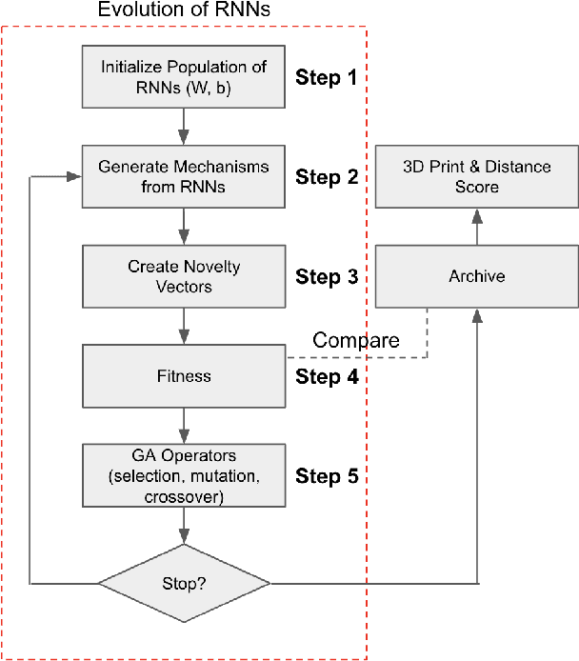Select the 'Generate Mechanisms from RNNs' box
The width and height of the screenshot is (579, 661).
(x=184, y=176)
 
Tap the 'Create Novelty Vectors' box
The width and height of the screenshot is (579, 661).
(x=184, y=277)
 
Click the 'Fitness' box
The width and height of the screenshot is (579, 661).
(x=184, y=376)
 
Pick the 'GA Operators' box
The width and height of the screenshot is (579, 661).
(x=184, y=474)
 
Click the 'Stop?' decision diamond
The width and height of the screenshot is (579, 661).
(x=184, y=581)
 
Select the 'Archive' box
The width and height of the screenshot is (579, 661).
(x=476, y=277)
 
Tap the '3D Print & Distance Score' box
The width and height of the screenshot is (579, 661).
(x=476, y=176)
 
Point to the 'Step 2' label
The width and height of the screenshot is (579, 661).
(x=327, y=177)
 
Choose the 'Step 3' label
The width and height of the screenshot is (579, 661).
(x=327, y=277)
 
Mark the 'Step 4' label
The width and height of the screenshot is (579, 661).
(x=327, y=376)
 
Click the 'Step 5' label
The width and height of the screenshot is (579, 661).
(x=327, y=475)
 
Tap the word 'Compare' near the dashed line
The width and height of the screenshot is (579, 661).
(x=355, y=340)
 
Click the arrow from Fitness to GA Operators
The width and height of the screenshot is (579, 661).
(x=184, y=425)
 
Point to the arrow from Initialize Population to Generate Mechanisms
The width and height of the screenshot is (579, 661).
(x=184, y=126)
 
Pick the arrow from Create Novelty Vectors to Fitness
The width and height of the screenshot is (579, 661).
(x=184, y=327)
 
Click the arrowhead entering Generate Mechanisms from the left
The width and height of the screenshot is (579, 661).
(x=74, y=176)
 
